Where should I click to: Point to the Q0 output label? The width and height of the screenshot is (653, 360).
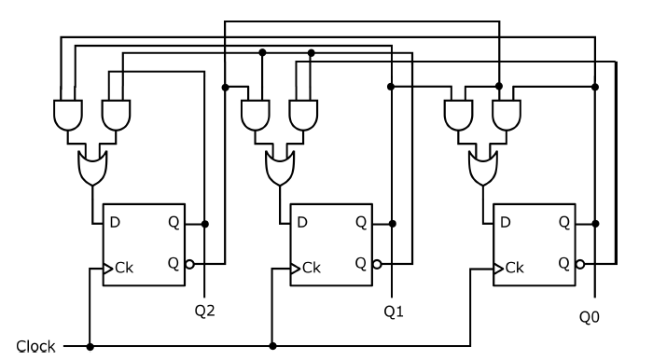(x=590, y=317)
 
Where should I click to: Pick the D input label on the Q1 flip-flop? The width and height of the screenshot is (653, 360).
(x=302, y=224)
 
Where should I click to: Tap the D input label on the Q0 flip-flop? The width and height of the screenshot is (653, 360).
(x=505, y=224)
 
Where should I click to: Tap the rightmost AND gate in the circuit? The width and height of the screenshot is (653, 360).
(x=506, y=115)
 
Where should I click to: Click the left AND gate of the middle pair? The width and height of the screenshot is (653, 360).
(x=256, y=115)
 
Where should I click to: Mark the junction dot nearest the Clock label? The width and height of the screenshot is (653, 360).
(x=90, y=346)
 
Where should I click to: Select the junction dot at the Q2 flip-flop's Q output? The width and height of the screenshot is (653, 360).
(x=205, y=224)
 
